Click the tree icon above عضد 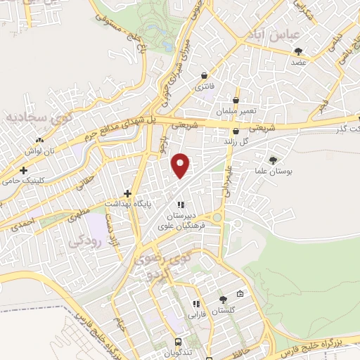pos(299,51)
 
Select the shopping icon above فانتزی pos(204,75)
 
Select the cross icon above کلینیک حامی pos(23,170)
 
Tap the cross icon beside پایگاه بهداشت pos(127,193)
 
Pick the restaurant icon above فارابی pos(196,304)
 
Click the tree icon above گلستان pos(223,300)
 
